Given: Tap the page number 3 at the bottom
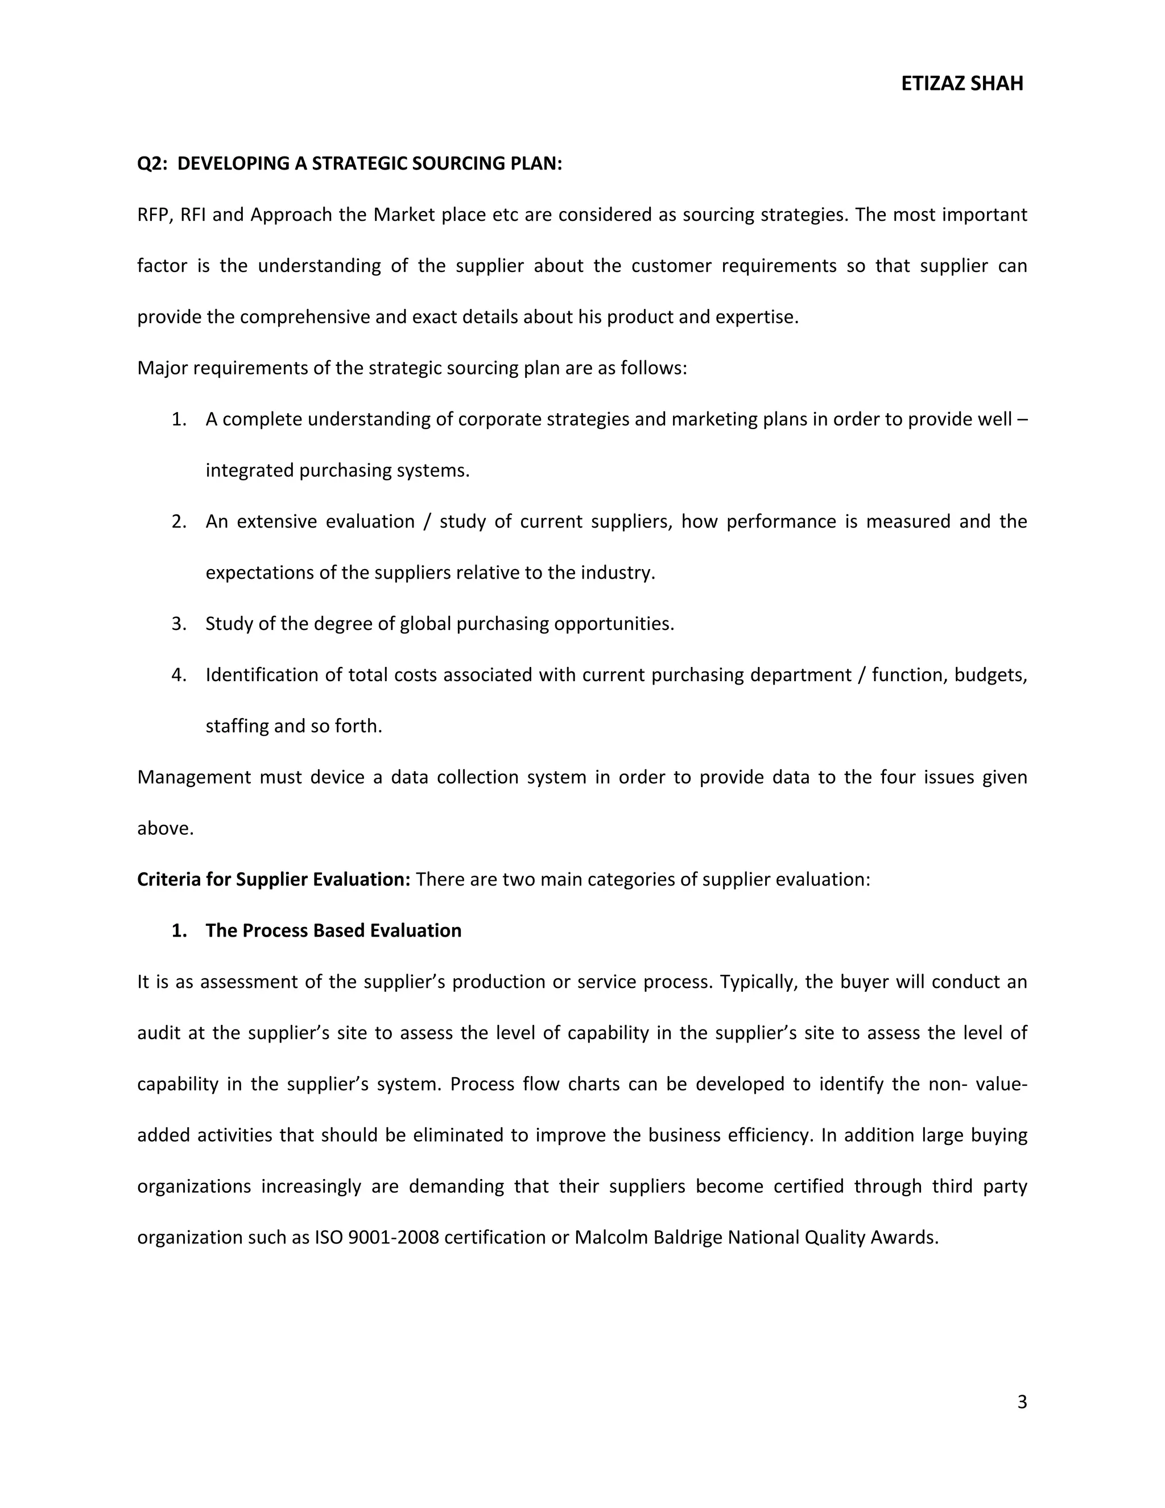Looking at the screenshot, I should point(1022,1402).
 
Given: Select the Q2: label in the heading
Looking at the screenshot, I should point(152,164).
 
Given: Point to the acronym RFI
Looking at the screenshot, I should point(193,215).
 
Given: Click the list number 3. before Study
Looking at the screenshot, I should point(179,624).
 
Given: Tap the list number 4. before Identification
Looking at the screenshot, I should point(179,674).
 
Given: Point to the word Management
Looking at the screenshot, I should point(194,777).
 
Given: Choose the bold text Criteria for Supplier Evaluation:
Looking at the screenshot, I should point(273,880).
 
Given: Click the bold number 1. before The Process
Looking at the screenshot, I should point(179,931).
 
